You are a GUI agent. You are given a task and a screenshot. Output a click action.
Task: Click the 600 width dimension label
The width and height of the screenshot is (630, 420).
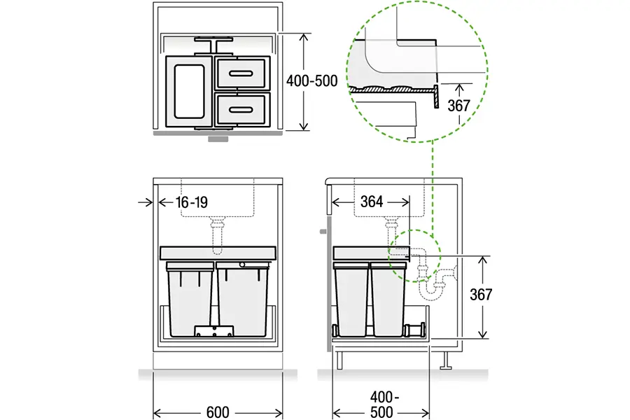point(218,412)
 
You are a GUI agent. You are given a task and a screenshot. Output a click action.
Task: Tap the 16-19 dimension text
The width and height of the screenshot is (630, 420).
point(192,202)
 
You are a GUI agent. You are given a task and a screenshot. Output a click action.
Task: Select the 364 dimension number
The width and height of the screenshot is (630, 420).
point(372,202)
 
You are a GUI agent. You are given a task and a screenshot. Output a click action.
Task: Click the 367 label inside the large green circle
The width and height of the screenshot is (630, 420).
point(458,106)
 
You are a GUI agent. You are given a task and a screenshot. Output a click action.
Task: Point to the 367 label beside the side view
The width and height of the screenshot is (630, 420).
point(481,295)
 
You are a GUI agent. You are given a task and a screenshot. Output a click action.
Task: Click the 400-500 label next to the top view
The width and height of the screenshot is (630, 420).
point(311,81)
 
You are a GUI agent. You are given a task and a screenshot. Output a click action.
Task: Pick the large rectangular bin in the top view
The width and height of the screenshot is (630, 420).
point(189,92)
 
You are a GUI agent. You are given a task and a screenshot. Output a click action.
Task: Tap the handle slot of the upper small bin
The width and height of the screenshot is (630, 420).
point(241,73)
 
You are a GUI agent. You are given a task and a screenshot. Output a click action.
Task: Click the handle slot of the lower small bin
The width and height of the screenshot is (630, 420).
point(241,110)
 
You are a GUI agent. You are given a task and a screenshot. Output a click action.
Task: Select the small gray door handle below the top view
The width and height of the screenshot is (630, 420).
point(218,139)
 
